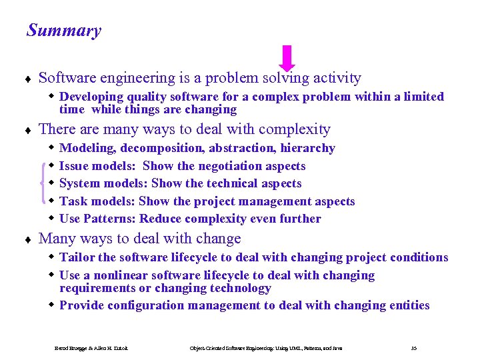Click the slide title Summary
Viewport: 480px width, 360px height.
64,31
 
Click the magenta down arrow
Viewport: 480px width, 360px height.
287,58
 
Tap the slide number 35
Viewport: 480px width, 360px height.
414,348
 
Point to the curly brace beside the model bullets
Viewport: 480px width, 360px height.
43,183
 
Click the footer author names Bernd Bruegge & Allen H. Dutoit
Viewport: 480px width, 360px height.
91,348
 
